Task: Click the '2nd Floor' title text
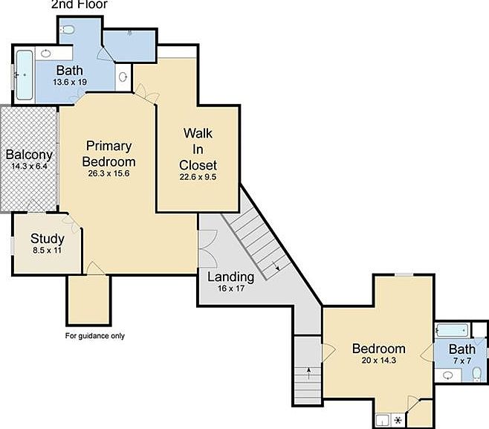[x=80, y=4]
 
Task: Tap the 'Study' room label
[x=47, y=239]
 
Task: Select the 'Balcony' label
[x=29, y=155]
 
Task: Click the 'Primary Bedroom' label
[x=109, y=153]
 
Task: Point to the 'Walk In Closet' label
[x=198, y=149]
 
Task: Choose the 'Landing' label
[x=230, y=277]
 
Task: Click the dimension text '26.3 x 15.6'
[x=109, y=174]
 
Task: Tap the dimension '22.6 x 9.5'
[x=198, y=177]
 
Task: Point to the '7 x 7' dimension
[x=462, y=361]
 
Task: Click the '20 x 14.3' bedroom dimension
[x=378, y=361]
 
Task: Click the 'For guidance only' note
[x=95, y=335]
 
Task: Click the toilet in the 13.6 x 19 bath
[x=68, y=29]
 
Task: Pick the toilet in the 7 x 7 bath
[x=476, y=375]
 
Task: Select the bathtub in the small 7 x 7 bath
[x=452, y=330]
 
